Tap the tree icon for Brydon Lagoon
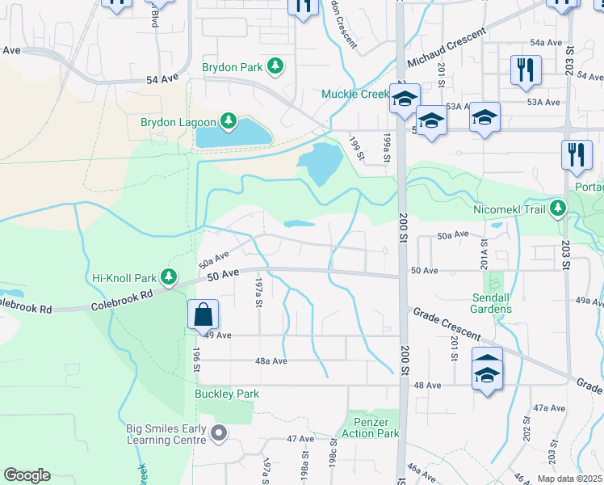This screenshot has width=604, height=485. [x=229, y=122]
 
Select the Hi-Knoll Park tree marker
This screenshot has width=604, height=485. [x=169, y=277]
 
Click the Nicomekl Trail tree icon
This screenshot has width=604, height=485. [x=557, y=209]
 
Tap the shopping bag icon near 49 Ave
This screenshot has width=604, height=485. [x=203, y=314]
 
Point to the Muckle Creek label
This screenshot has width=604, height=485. [x=355, y=95]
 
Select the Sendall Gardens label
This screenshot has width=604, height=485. [x=480, y=304]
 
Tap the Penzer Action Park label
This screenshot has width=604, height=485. [x=376, y=428]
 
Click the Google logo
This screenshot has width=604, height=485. [x=27, y=475]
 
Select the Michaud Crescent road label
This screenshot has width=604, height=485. [x=447, y=49]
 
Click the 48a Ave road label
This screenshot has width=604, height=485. [x=271, y=361]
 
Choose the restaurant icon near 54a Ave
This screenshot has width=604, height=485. [x=526, y=70]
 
